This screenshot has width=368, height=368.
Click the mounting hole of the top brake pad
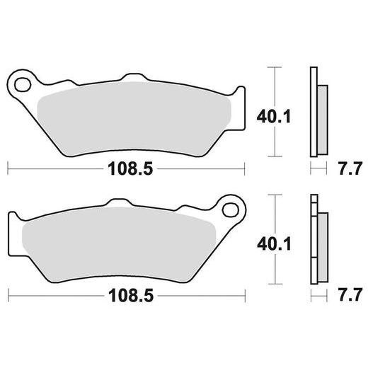pyautogui.click(x=23, y=84)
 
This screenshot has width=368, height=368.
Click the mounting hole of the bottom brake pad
pyautogui.click(x=231, y=209)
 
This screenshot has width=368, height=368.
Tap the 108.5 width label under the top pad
pyautogui.click(x=130, y=169)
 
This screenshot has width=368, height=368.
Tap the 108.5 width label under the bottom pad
pyautogui.click(x=131, y=296)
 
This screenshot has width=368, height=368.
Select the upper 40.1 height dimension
pyautogui.click(x=274, y=117)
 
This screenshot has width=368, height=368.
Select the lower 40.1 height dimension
pyautogui.click(x=274, y=244)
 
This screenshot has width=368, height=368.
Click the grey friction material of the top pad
pyautogui.click(x=134, y=118)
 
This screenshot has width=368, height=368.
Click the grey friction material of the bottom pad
pyautogui.click(x=119, y=244)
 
